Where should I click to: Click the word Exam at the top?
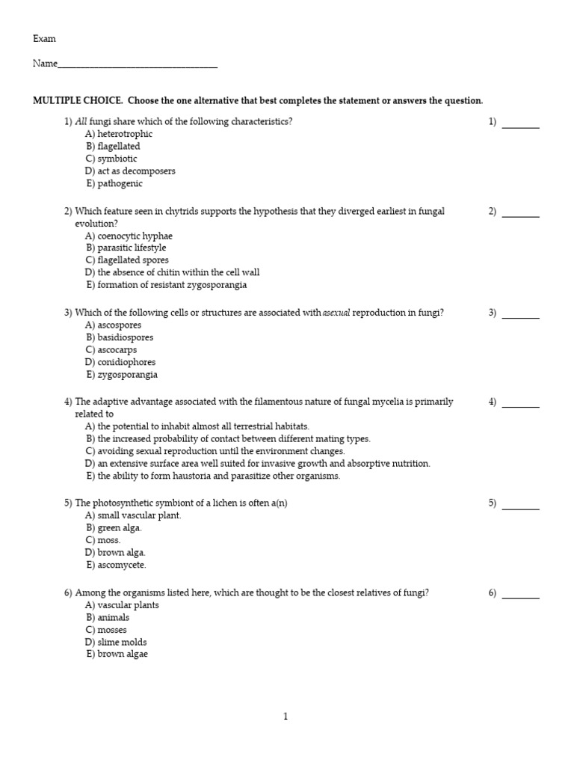click(44, 39)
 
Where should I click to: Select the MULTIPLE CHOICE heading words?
click(78, 101)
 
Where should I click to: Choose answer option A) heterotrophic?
click(119, 134)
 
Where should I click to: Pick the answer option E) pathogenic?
click(114, 183)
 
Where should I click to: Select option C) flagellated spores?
click(127, 260)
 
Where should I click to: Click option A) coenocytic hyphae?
click(129, 236)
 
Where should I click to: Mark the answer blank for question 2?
click(520, 215)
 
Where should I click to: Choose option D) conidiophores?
click(120, 362)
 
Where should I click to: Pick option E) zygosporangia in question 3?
click(122, 375)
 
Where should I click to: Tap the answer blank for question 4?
click(520, 405)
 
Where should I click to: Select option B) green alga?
click(114, 528)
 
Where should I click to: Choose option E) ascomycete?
click(116, 565)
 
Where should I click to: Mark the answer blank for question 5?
click(520, 506)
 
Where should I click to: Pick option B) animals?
click(108, 617)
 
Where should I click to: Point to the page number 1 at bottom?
click(286, 716)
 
